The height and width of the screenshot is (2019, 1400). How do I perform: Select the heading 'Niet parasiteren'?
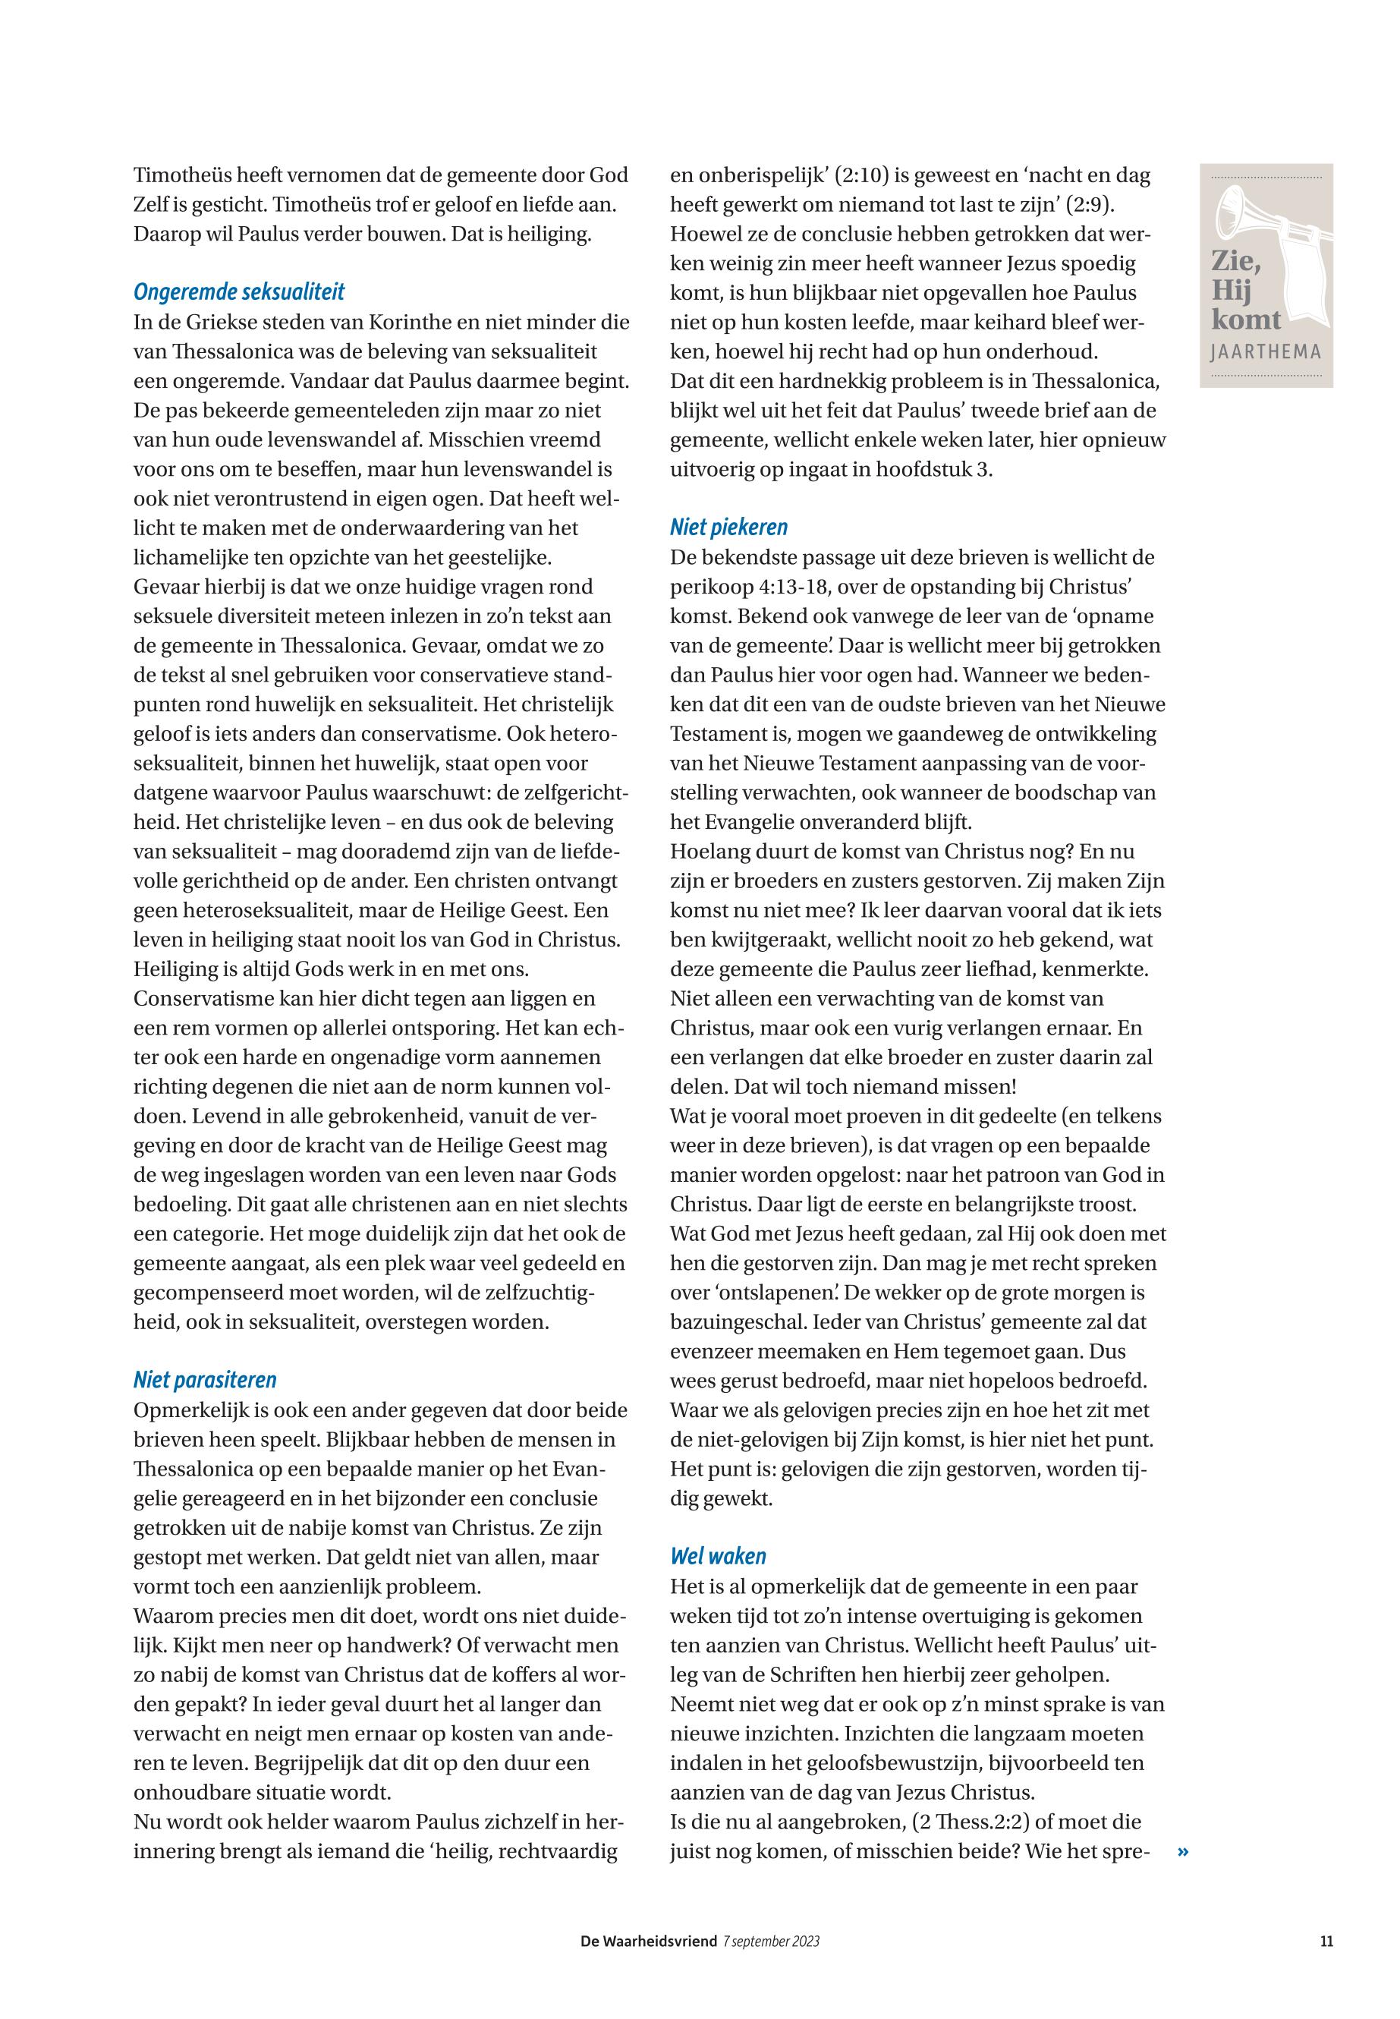click(204, 1380)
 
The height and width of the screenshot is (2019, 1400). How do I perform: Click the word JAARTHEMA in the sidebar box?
click(1265, 353)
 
